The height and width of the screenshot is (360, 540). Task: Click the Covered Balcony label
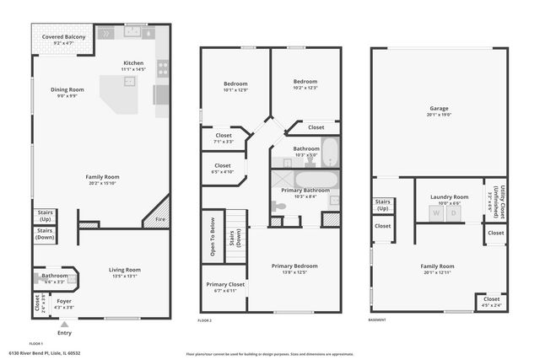(x=63, y=38)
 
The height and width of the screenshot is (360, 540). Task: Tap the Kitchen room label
(x=134, y=63)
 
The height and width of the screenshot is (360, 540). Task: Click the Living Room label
(x=125, y=270)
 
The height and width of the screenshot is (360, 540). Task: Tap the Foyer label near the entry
(x=64, y=301)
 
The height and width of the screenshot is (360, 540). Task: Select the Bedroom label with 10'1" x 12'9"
(x=235, y=83)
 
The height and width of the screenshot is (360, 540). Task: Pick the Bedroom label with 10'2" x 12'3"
(x=305, y=83)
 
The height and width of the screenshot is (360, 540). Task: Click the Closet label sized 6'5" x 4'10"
(x=223, y=165)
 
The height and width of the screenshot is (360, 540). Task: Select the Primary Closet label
(x=224, y=285)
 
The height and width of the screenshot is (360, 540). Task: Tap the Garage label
(x=439, y=109)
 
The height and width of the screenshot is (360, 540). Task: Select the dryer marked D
(x=452, y=213)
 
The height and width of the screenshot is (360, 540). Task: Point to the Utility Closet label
(x=490, y=201)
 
